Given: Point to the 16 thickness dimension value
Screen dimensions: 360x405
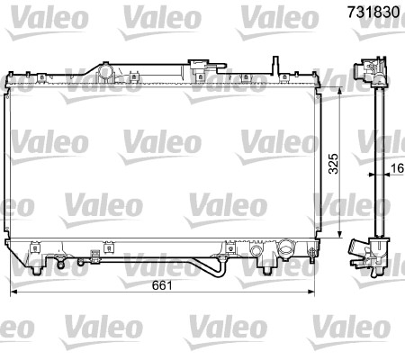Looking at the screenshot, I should tap(397, 166).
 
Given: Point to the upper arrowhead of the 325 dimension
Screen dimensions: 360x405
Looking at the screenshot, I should tap(338, 94).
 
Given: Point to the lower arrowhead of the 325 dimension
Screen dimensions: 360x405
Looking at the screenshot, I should tap(338, 233).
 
